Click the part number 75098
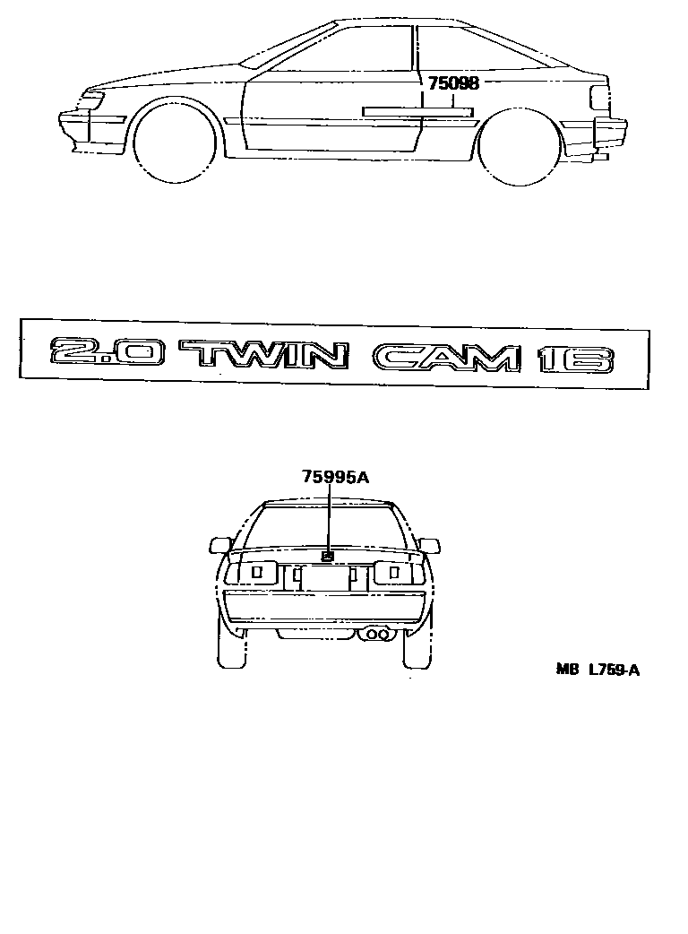pos(453,83)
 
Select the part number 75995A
pos(335,477)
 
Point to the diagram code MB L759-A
pos(597,669)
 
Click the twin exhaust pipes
pos(377,635)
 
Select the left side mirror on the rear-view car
pos(219,544)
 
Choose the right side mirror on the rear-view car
pos(430,545)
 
